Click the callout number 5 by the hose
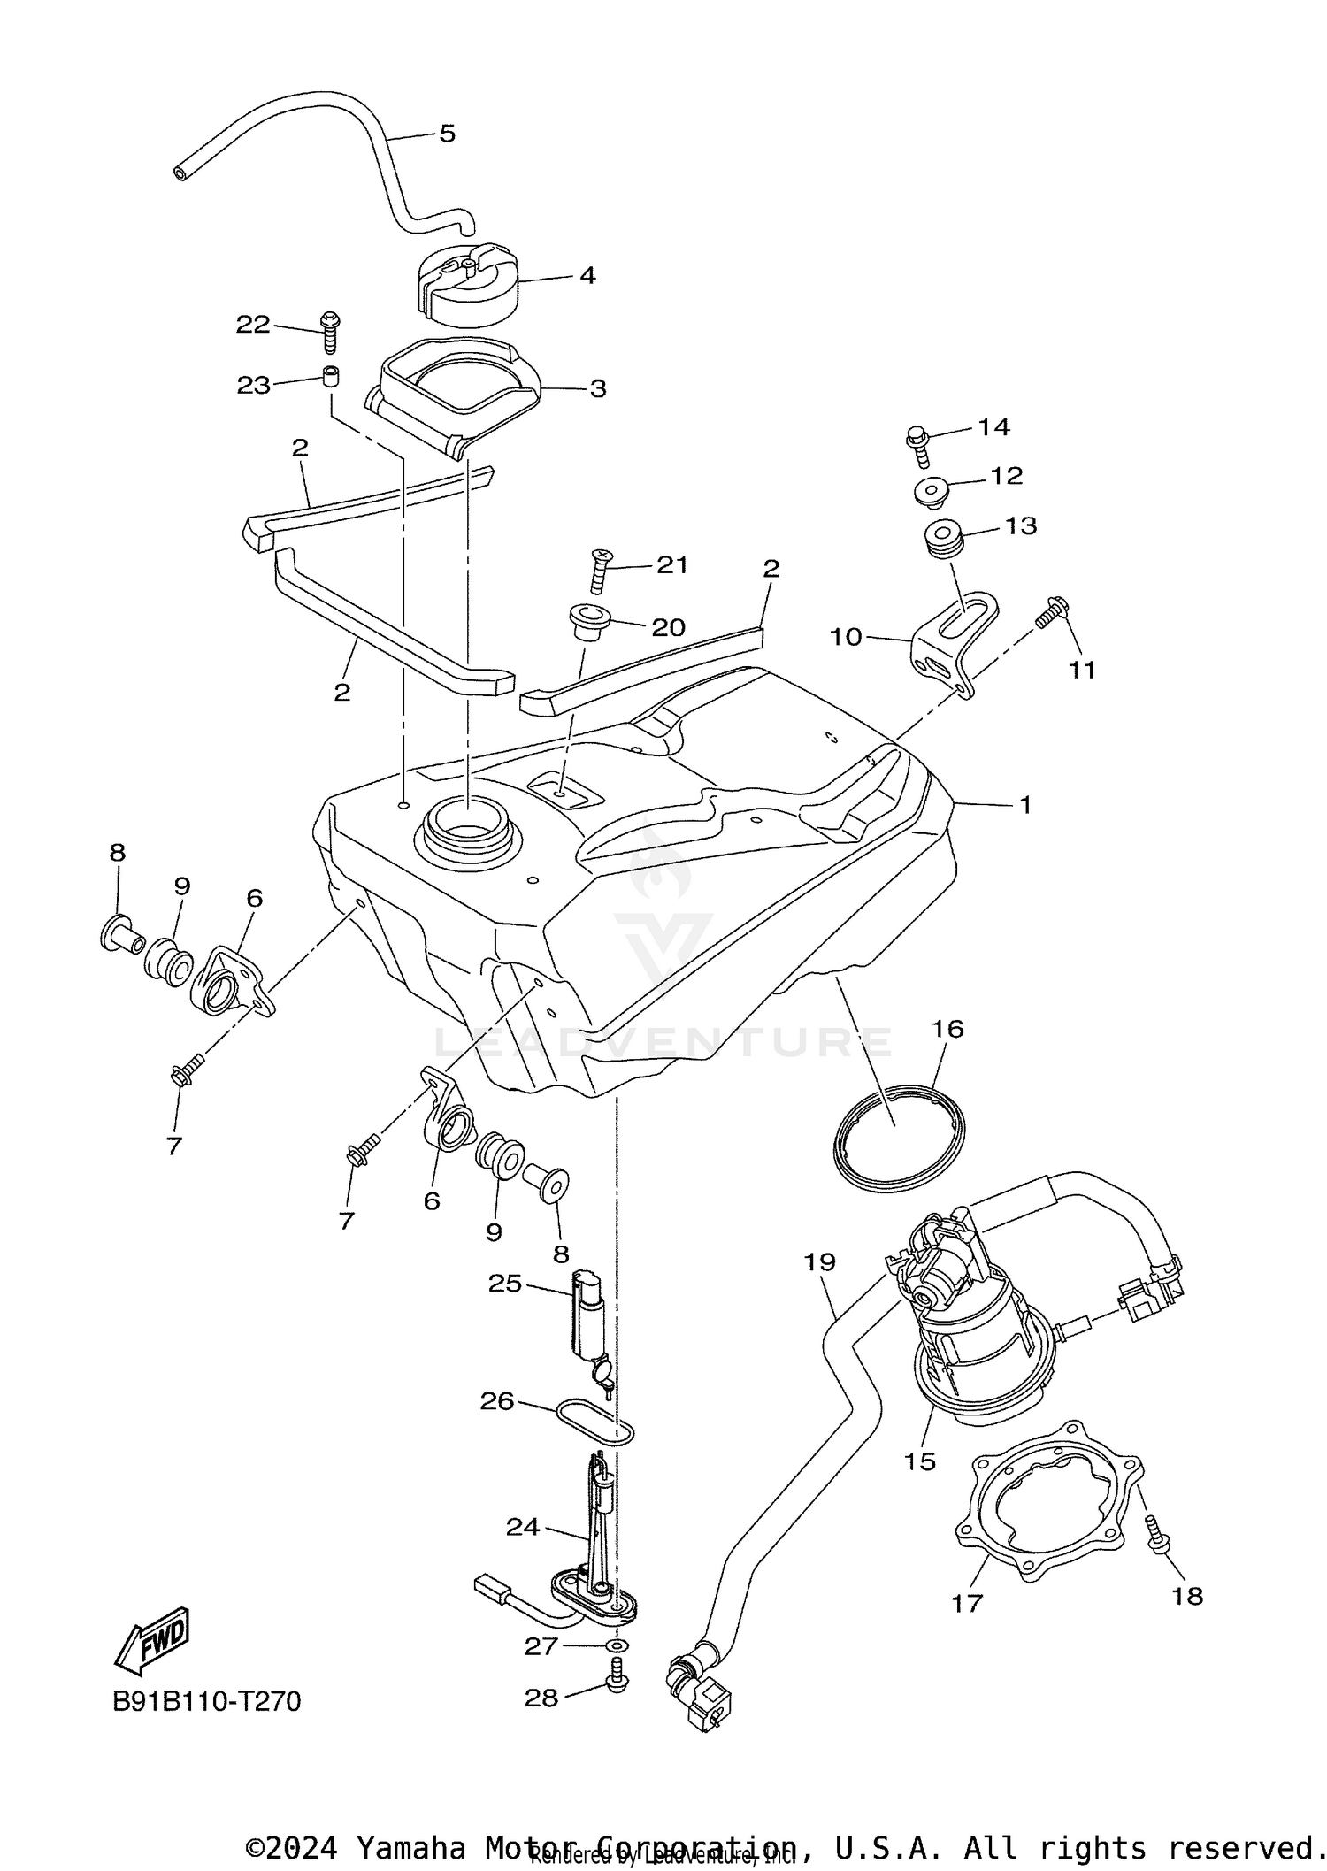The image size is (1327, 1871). pyautogui.click(x=447, y=134)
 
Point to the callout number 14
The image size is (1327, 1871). pyautogui.click(x=993, y=426)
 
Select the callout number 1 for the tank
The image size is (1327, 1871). pyautogui.click(x=1025, y=805)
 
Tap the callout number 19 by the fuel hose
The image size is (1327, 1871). pyautogui.click(x=819, y=1261)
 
